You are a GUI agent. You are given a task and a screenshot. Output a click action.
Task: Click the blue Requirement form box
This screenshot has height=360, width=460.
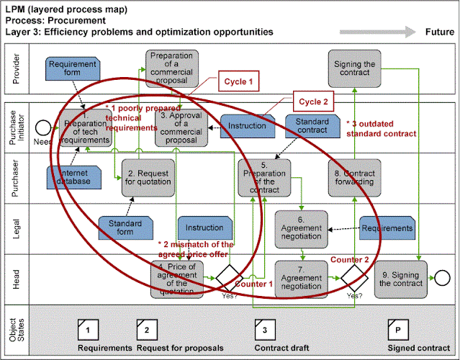(x=72, y=69)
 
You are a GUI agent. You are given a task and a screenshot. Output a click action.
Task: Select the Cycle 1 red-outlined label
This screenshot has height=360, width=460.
(x=237, y=82)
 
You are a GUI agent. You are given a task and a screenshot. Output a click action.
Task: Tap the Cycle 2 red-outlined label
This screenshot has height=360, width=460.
(x=313, y=102)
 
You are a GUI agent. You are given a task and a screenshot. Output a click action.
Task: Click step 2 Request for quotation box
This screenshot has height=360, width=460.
(x=147, y=177)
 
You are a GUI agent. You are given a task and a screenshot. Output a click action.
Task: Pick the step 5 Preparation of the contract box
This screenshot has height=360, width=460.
(x=264, y=177)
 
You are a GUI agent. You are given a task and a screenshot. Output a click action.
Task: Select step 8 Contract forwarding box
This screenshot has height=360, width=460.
(x=353, y=177)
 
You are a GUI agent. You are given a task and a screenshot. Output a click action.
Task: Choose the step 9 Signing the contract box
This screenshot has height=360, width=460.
(x=400, y=276)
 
